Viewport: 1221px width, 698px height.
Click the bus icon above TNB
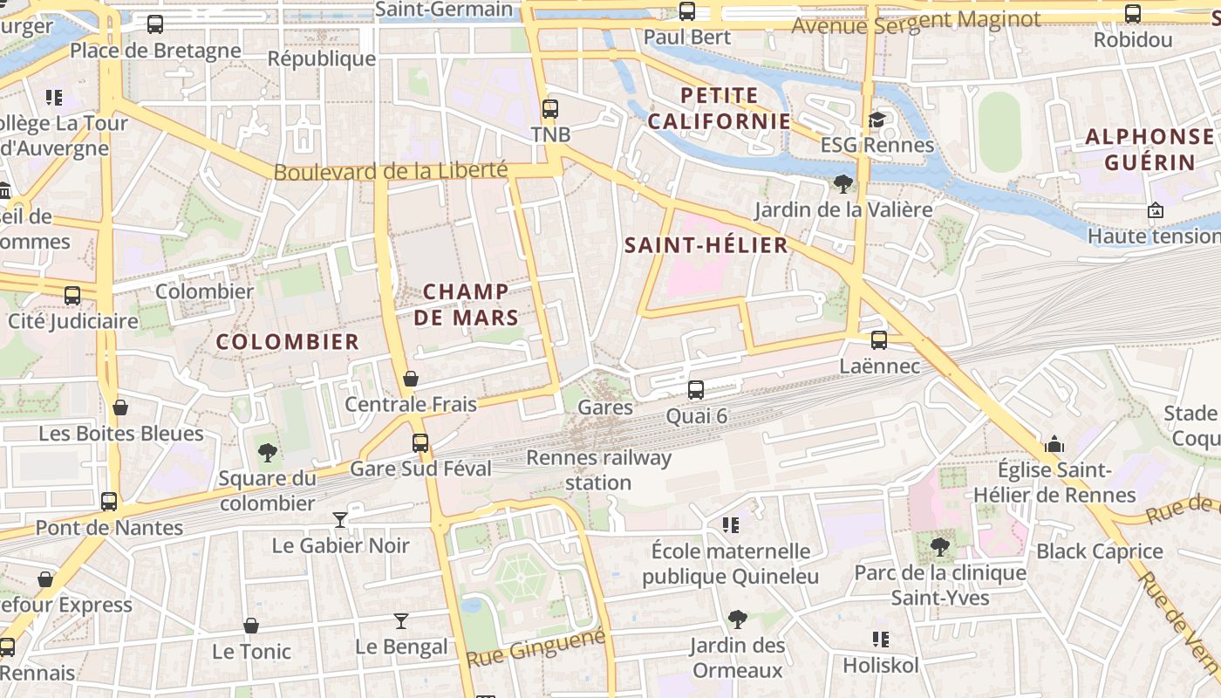click(x=549, y=109)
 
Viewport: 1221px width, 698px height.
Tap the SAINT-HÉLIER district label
click(x=706, y=245)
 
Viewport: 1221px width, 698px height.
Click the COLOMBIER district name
click(x=288, y=342)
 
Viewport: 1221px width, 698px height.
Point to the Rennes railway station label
click(x=599, y=470)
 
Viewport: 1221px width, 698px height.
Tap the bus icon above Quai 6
click(x=696, y=389)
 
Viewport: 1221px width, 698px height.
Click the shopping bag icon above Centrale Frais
click(x=411, y=379)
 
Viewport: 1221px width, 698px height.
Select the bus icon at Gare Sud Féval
click(x=420, y=442)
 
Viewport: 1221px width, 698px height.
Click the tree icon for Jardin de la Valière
click(x=842, y=183)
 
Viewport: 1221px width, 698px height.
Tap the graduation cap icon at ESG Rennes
click(x=877, y=120)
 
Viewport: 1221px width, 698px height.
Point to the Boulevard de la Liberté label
click(x=391, y=171)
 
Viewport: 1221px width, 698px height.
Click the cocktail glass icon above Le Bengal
click(x=401, y=621)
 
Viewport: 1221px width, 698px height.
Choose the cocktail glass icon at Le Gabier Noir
click(x=340, y=520)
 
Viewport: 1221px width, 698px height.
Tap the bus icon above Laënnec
click(x=879, y=340)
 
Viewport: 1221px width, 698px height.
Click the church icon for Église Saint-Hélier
click(x=1054, y=444)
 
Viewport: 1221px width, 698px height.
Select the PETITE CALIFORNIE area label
click(x=719, y=108)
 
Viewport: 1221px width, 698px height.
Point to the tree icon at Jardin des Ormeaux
click(x=737, y=619)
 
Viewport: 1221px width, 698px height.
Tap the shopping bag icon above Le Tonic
click(x=251, y=626)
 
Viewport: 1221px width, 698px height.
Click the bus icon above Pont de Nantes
click(x=109, y=502)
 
